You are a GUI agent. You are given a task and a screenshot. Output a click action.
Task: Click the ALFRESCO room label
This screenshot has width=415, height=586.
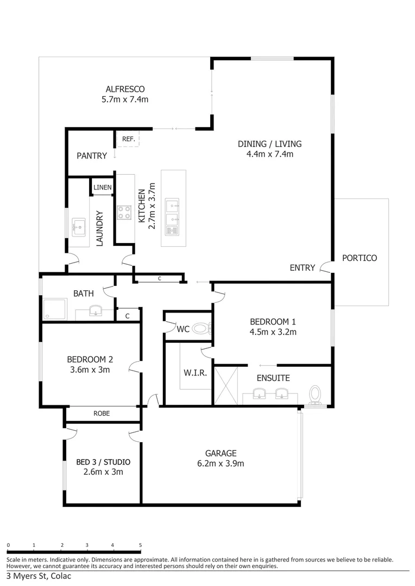[125, 89]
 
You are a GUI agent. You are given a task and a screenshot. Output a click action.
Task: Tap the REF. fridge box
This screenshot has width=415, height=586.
[128, 139]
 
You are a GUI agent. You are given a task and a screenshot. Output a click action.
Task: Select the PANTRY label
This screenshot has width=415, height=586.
[91, 156]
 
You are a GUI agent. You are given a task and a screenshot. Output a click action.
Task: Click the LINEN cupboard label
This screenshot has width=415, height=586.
[102, 188]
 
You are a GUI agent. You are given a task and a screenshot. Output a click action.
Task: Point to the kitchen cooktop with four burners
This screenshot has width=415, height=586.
[124, 212]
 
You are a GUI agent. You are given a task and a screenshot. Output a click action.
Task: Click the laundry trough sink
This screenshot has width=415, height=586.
[79, 226]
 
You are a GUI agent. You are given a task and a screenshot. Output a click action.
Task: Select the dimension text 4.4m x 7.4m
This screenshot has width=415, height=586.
[269, 154]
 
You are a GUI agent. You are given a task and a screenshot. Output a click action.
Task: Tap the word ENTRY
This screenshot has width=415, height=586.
[302, 267]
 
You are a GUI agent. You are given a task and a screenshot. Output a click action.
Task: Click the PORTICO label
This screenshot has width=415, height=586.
[359, 258]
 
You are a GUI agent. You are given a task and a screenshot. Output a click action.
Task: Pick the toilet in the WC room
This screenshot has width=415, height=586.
[202, 328]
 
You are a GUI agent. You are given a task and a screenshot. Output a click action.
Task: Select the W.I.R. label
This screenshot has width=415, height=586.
[194, 373]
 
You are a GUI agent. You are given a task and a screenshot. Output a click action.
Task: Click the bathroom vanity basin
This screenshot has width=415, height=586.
[96, 311]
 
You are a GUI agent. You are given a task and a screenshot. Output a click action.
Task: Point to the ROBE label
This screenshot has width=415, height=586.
[101, 413]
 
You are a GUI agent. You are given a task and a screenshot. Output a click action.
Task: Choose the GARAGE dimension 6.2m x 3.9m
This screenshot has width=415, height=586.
[221, 463]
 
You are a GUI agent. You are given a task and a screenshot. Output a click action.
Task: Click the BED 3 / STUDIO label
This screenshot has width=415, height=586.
[103, 462]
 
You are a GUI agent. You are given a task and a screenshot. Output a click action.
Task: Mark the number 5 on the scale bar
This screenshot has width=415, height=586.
[140, 545]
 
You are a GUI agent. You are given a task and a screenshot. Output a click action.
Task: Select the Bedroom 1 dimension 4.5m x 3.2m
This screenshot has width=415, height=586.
[273, 332]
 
